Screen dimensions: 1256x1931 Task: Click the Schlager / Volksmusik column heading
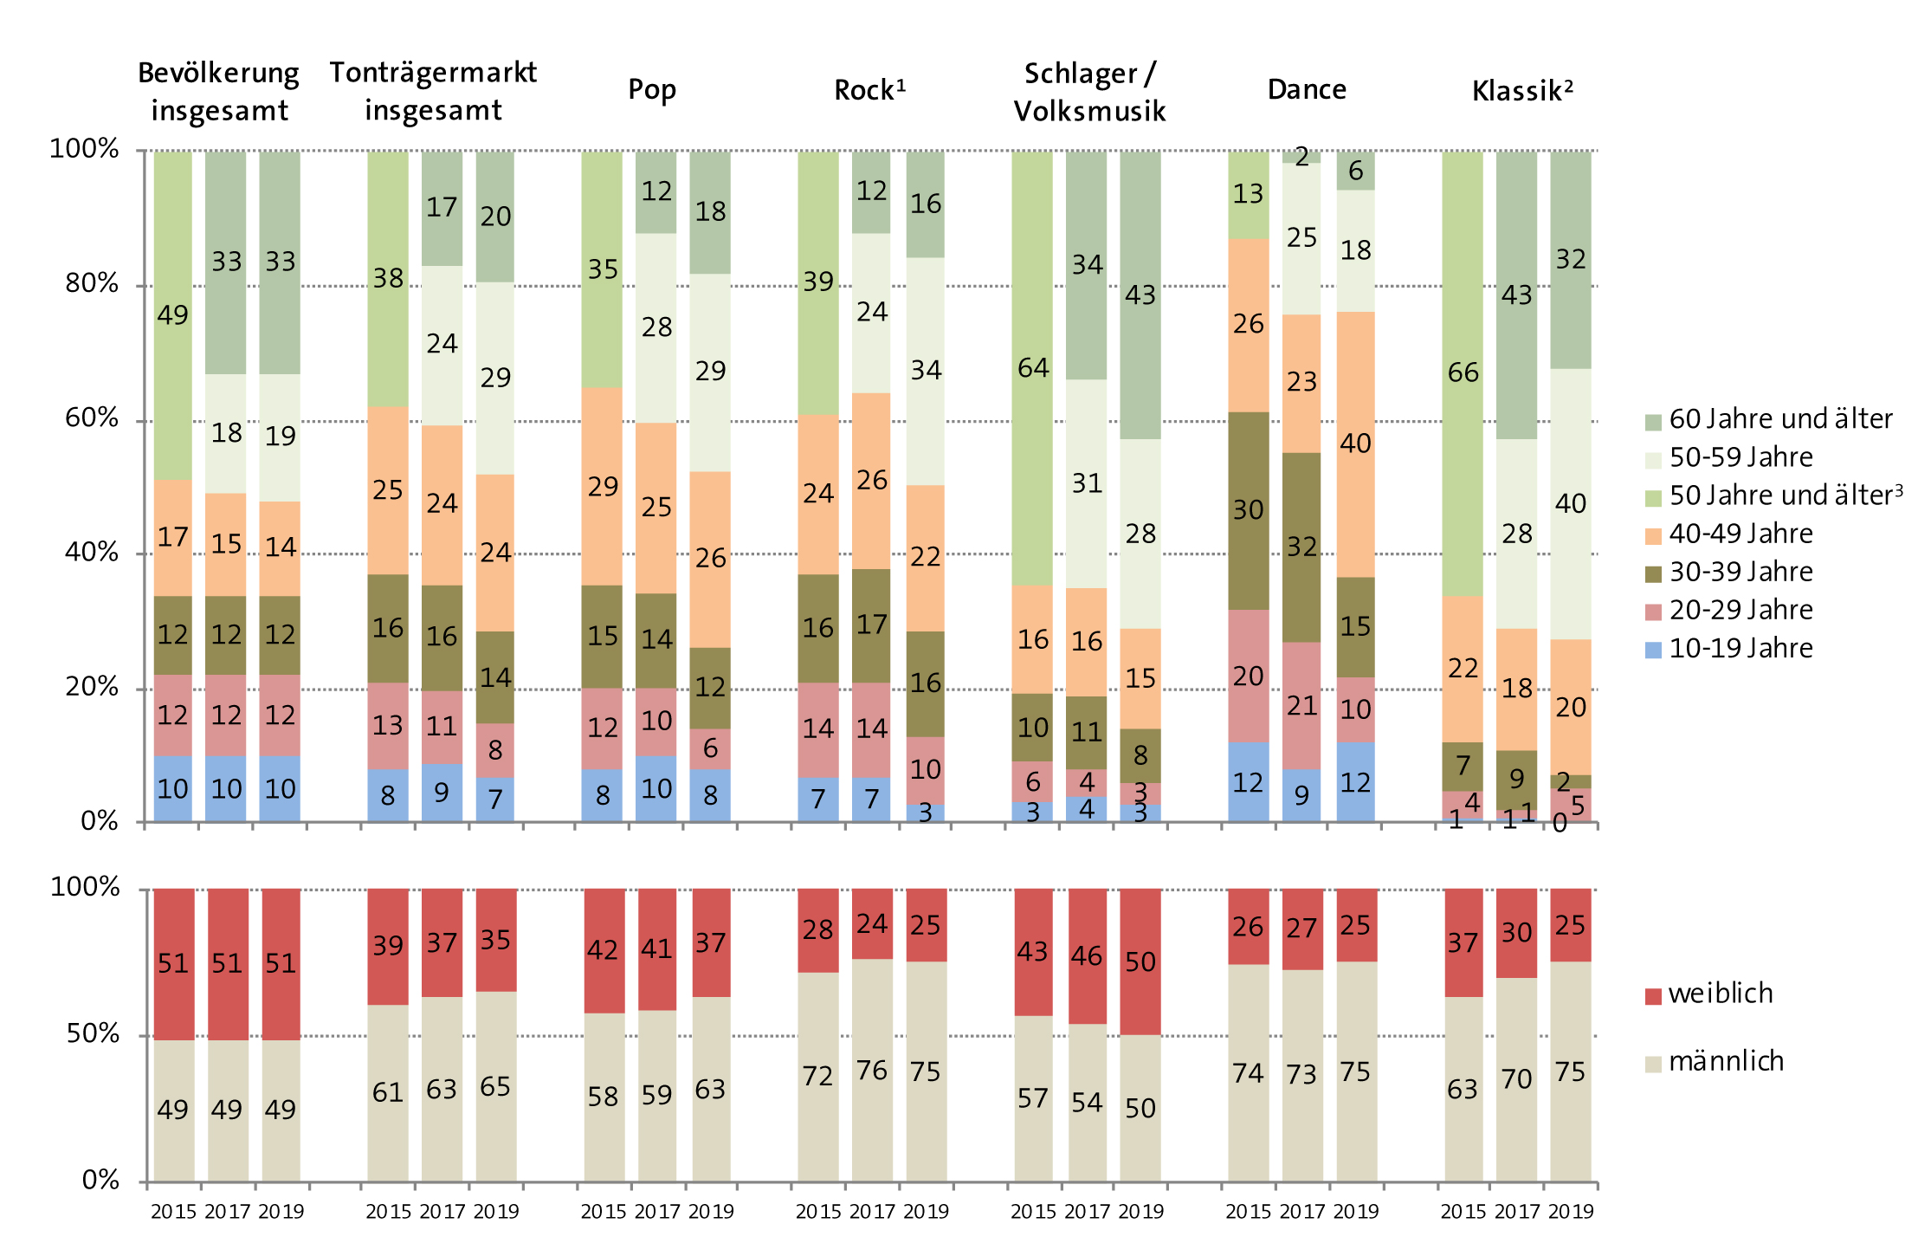1089,92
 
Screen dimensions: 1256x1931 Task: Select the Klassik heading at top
1521,90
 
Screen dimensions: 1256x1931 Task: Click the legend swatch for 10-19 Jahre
1653,649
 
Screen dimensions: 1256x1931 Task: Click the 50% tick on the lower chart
93,1033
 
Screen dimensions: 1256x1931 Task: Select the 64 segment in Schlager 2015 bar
1032,368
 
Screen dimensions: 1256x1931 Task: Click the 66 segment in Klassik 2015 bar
1463,372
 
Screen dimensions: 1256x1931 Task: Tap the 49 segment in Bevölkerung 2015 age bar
172,314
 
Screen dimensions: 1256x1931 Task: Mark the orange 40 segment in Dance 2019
1355,443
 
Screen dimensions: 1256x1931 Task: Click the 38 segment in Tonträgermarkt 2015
387,278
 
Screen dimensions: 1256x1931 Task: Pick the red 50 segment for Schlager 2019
1140,961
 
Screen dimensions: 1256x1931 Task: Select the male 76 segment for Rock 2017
872,1071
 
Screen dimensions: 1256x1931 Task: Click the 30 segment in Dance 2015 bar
1248,510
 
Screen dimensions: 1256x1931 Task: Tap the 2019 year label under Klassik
1570,1212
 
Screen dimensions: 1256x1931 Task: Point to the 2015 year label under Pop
603,1212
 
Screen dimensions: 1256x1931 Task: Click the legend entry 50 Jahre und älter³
1785,495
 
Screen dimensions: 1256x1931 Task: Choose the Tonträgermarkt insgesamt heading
433,91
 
